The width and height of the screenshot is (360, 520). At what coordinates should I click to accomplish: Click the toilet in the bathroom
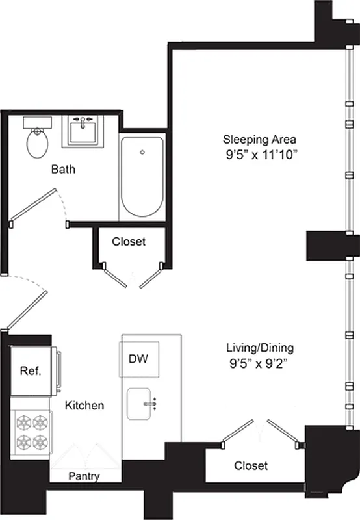(x=38, y=142)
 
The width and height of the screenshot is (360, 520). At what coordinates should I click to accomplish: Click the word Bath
(x=64, y=170)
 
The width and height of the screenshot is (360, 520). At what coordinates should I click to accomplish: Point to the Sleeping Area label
(x=259, y=139)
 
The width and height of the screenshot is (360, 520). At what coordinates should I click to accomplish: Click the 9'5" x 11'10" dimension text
(x=259, y=154)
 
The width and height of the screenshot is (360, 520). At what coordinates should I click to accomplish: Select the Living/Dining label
(x=254, y=348)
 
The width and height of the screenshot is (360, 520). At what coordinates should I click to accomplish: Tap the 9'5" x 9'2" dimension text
(x=254, y=363)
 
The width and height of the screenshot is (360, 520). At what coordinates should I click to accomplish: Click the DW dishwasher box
(x=137, y=358)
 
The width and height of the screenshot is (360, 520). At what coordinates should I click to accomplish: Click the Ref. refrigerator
(x=31, y=372)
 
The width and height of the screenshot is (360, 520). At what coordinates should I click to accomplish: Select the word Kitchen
(x=84, y=406)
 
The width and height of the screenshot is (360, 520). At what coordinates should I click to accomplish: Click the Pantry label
(x=84, y=476)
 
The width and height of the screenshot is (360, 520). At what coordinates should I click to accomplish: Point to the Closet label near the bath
(x=129, y=242)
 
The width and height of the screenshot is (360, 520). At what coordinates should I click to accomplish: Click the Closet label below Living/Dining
(x=250, y=466)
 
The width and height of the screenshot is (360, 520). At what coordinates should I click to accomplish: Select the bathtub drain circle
(x=142, y=153)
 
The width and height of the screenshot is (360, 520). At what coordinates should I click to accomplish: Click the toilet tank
(x=38, y=123)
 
